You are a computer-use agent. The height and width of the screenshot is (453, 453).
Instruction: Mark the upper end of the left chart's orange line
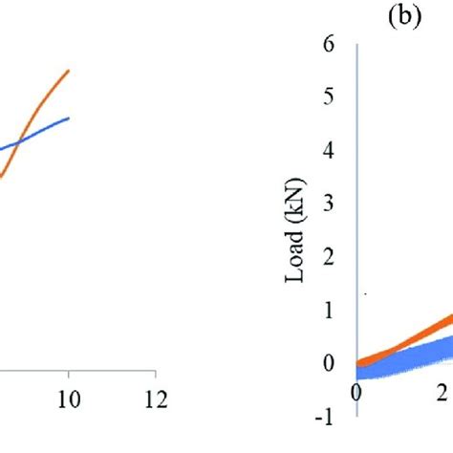[68, 71]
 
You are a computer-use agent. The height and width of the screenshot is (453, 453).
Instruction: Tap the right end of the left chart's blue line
[68, 119]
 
